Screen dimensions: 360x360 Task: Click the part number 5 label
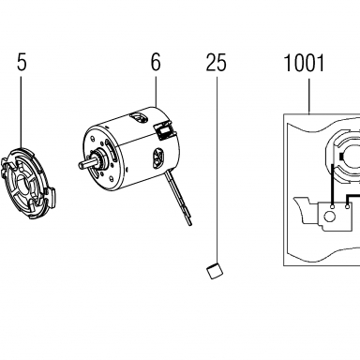22,62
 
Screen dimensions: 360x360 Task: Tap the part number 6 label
156,62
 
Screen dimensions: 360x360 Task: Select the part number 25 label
216,63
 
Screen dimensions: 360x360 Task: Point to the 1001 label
305,63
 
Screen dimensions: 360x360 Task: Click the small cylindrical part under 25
215,271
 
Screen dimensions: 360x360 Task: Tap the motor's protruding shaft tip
80,164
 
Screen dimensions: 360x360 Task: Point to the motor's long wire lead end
190,222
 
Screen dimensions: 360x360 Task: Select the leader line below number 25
217,171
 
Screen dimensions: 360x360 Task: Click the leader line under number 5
22,112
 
